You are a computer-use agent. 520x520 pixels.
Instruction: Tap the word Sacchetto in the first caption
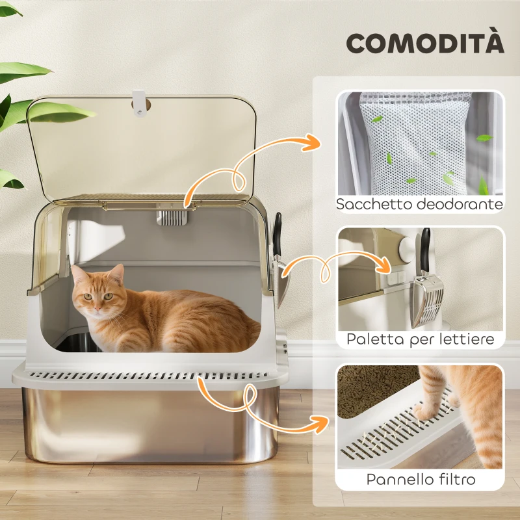pyautogui.click(x=376, y=204)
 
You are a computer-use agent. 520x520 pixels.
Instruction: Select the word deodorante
pyautogui.click(x=462, y=204)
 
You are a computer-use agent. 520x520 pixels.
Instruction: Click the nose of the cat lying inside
pyautogui.click(x=96, y=307)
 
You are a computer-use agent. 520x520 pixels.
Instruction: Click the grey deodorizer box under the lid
pyautogui.click(x=172, y=217)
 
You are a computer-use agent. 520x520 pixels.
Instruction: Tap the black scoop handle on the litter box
pyautogui.click(x=278, y=231)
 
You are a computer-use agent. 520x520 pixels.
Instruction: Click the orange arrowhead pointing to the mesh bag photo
pyautogui.click(x=313, y=142)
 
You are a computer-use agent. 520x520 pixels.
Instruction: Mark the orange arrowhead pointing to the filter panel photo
pyautogui.click(x=319, y=424)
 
